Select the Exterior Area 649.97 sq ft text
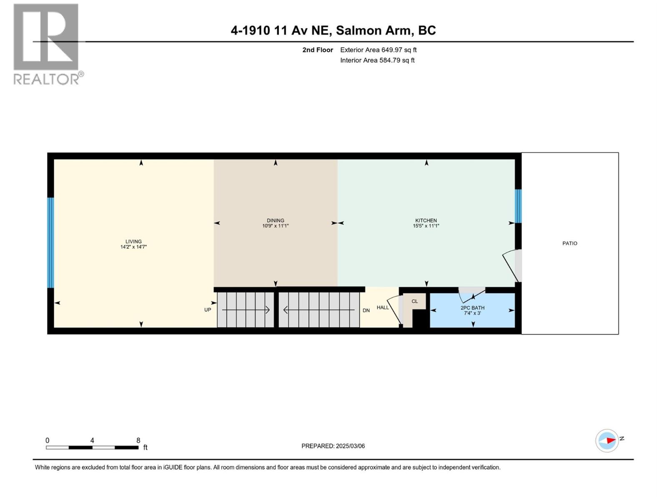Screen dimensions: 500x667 click(x=378, y=50)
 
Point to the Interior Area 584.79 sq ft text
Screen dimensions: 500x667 click(x=377, y=60)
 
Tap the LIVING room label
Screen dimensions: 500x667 click(x=133, y=242)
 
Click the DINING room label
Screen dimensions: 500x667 click(x=275, y=220)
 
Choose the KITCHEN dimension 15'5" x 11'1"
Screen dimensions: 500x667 click(x=426, y=226)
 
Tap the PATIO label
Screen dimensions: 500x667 click(x=569, y=243)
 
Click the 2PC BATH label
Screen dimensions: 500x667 click(x=472, y=308)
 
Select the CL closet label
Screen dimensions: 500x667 click(x=414, y=301)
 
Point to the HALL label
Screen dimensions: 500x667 click(x=382, y=307)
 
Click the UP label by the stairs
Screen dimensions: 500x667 click(x=208, y=310)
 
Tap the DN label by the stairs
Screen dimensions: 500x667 click(x=366, y=310)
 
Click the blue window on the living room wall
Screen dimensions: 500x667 click(x=50, y=243)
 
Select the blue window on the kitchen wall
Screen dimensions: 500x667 click(x=518, y=206)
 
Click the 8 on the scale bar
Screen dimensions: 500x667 click(x=138, y=440)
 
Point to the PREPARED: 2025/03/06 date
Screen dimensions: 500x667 click(x=333, y=446)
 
